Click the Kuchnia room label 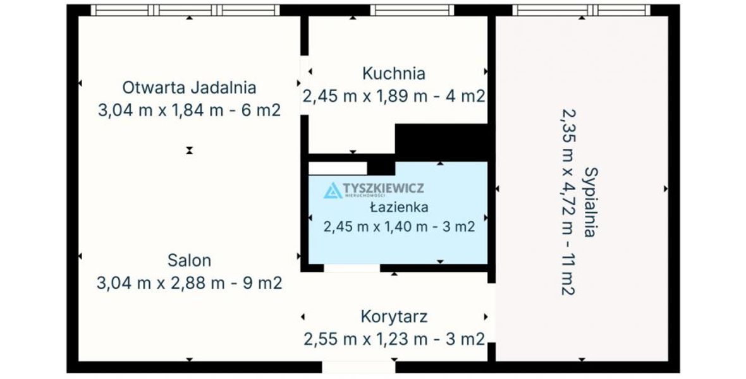[393, 74]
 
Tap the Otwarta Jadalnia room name [190, 88]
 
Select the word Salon [190, 261]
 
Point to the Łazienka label [399, 207]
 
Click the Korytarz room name [394, 316]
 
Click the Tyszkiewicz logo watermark [374, 189]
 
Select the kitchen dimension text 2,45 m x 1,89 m [365, 97]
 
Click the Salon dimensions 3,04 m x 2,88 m [161, 284]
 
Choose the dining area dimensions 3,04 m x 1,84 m [161, 111]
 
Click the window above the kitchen [412, 10]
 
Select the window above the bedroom [582, 10]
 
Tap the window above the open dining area [185, 10]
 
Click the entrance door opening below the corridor [358, 367]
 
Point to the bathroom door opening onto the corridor [352, 268]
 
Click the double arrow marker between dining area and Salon [190, 151]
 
